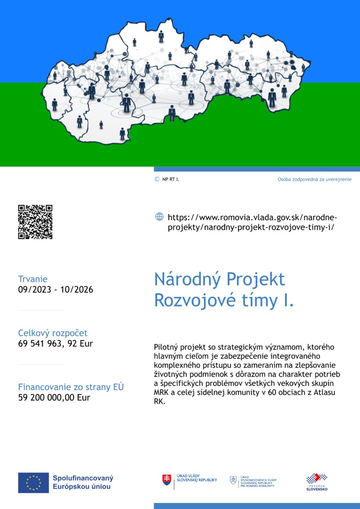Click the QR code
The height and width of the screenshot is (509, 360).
(x=35, y=222)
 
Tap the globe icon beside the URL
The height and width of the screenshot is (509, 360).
(x=159, y=217)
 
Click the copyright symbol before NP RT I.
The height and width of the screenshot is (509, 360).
(x=157, y=179)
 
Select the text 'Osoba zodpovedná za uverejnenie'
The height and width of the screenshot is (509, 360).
(x=314, y=180)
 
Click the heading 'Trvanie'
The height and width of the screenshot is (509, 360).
(x=33, y=279)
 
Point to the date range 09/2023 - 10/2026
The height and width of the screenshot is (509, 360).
(x=56, y=289)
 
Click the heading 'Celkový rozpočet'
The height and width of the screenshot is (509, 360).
(x=53, y=333)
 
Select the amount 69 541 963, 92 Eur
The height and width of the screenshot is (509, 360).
(x=56, y=344)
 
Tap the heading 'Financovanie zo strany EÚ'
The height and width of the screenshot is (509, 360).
(x=71, y=387)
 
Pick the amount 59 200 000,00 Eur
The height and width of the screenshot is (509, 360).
(x=54, y=397)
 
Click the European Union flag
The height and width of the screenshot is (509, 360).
(x=33, y=483)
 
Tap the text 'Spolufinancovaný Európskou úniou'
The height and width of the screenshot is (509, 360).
(x=83, y=482)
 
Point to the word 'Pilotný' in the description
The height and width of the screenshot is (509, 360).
(x=167, y=347)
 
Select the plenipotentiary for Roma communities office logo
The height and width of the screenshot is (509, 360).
(x=253, y=481)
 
